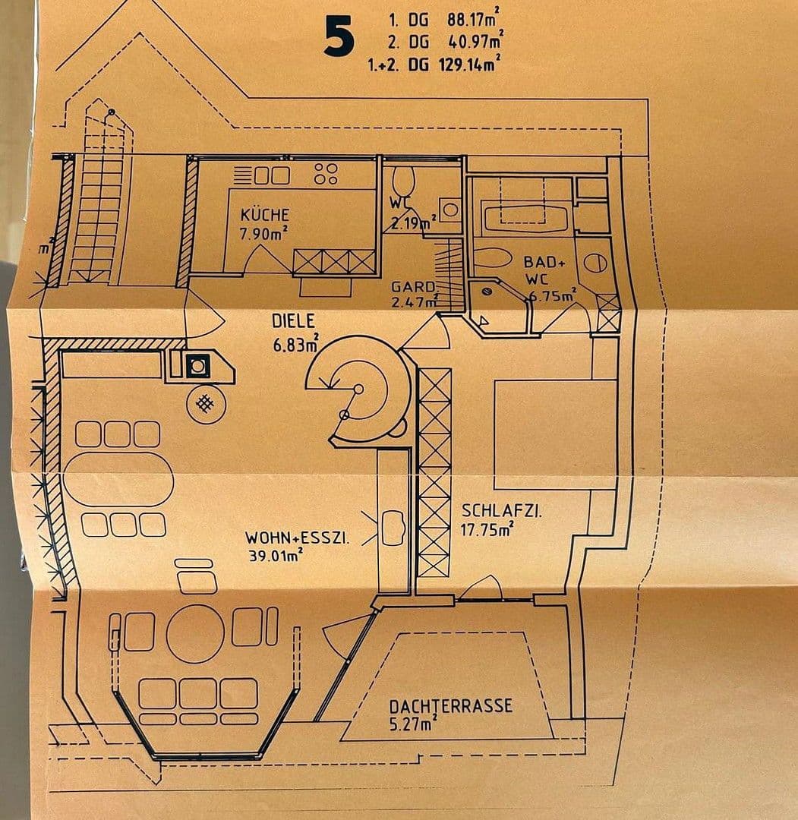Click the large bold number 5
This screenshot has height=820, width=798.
[x=339, y=36]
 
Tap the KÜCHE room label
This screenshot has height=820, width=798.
[x=264, y=215]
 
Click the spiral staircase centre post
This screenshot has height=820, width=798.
[x=358, y=389]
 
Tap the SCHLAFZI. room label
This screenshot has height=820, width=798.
[x=501, y=510]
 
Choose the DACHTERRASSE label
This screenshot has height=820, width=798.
[x=451, y=706]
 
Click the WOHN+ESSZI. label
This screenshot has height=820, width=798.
[x=297, y=538]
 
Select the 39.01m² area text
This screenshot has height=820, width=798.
[x=276, y=555]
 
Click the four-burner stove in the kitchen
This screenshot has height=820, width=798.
[x=326, y=174]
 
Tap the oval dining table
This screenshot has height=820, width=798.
[x=118, y=480]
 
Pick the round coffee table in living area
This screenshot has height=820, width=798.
[x=195, y=634]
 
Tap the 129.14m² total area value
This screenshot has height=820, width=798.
[x=468, y=65]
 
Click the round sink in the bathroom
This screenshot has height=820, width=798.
[x=595, y=263]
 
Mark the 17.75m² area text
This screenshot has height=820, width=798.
[x=487, y=529]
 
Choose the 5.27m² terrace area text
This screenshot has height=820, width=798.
[x=413, y=724]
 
